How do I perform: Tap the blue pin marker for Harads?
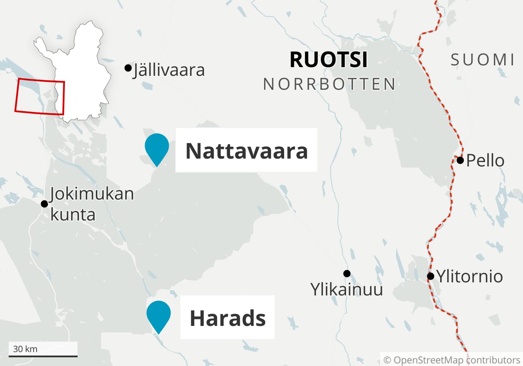(158, 314)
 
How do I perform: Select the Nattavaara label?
(246, 151)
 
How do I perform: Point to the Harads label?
(228, 318)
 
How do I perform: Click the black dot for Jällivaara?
(128, 68)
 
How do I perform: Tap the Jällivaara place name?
(169, 70)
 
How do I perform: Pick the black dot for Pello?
(460, 160)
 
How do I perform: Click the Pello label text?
(485, 161)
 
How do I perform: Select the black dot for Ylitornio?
(431, 276)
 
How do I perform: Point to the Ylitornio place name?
(470, 276)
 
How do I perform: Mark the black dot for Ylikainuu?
(347, 274)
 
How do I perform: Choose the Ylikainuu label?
(346, 289)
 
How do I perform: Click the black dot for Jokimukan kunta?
(44, 204)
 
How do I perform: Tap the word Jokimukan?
(92, 194)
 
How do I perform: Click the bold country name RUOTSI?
(329, 60)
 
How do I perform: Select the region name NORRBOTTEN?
(329, 84)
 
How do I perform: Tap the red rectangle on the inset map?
(40, 97)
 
